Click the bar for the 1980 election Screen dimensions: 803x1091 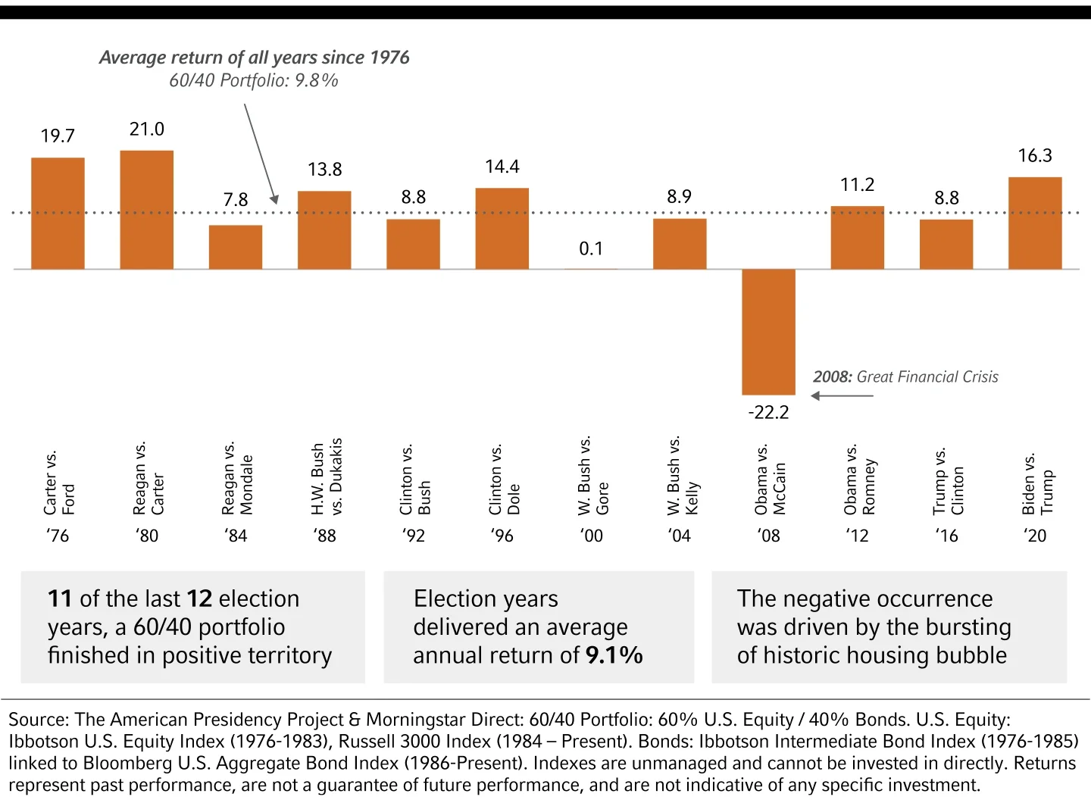pos(146,210)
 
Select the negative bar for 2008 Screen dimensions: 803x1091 pos(768,332)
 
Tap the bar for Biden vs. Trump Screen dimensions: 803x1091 pos(1034,223)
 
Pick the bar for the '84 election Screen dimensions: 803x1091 pos(236,247)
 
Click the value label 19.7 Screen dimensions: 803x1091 pos(58,136)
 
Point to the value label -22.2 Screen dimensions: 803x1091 pos(768,412)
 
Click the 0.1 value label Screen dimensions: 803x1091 pos(591,248)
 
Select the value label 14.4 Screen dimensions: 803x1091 pos(502,167)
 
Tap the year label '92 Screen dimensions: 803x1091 pos(414,536)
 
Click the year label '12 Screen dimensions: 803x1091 pos(858,536)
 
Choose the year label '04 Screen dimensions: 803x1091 pos(680,536)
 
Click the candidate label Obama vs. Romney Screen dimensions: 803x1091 pos(859,480)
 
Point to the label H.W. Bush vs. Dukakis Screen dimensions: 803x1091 pos(327,477)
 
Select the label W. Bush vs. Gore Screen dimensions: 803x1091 pos(592,476)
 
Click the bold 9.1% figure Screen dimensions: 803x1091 pos(614,655)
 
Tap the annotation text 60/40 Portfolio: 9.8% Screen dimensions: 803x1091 pos(254,80)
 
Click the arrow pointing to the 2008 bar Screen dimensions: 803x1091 pos(841,395)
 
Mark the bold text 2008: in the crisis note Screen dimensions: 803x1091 pos(833,377)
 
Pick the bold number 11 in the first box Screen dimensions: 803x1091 pos(60,598)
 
